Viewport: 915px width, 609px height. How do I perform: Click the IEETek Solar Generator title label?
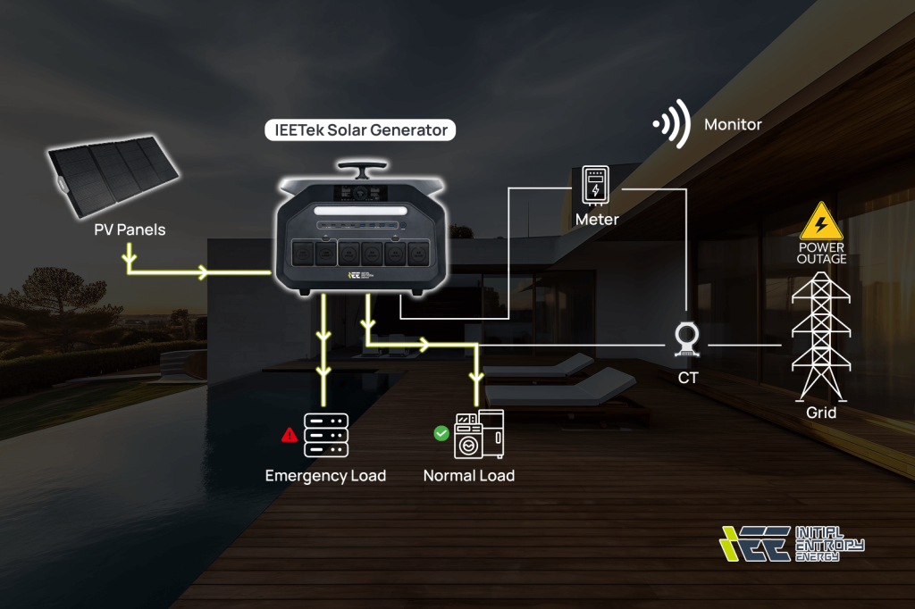pyautogui.click(x=361, y=130)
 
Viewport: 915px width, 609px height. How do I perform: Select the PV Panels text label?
pyautogui.click(x=130, y=229)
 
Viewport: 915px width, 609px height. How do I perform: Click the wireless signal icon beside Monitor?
pyautogui.click(x=672, y=124)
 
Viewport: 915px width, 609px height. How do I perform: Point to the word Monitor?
pyautogui.click(x=733, y=124)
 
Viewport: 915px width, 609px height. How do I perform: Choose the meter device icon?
pyautogui.click(x=596, y=185)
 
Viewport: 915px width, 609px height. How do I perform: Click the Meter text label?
pyautogui.click(x=596, y=219)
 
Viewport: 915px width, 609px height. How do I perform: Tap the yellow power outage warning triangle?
pyautogui.click(x=820, y=221)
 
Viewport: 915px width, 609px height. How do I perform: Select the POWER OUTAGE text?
pyautogui.click(x=821, y=253)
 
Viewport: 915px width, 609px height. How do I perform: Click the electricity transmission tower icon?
pyautogui.click(x=820, y=335)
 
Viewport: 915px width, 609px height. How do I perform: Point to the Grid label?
pyautogui.click(x=821, y=413)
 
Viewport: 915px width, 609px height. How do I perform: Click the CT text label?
pyautogui.click(x=688, y=378)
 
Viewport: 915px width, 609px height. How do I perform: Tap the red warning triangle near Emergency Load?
pyautogui.click(x=290, y=435)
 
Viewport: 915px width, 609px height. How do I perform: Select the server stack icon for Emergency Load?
pyautogui.click(x=325, y=434)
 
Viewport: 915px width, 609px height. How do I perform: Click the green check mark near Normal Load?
pyautogui.click(x=441, y=433)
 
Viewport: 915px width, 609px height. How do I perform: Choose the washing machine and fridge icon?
pyautogui.click(x=479, y=434)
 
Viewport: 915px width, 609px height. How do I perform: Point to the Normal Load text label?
pyautogui.click(x=469, y=476)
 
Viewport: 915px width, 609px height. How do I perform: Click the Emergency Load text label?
pyautogui.click(x=325, y=476)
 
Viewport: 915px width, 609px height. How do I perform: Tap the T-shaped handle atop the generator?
pyautogui.click(x=361, y=169)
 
